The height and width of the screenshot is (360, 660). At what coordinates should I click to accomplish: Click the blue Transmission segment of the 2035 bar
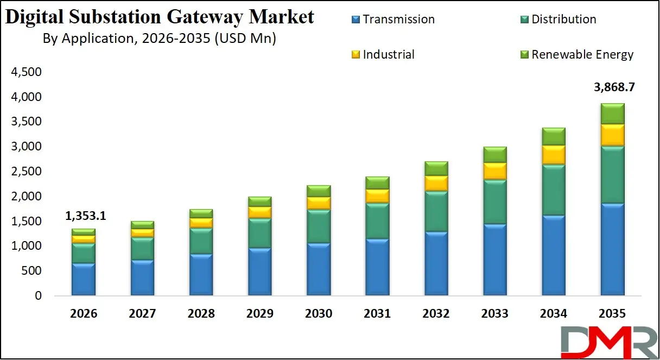612,250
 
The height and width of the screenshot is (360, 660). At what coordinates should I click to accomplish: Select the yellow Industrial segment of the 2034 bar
553,155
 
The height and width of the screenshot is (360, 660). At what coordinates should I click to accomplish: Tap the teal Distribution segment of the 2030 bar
319,226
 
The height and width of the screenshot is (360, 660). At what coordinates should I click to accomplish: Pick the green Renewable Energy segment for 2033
494,155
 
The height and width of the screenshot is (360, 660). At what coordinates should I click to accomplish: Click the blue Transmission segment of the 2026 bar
84,280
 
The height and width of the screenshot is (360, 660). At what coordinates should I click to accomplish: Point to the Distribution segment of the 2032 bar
436,212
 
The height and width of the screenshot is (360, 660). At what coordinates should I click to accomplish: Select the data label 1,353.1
86,216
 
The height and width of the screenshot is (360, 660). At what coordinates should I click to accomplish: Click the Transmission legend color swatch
356,20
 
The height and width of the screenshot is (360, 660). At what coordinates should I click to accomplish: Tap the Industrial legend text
389,54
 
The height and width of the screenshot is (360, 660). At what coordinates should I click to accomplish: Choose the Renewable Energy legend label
582,54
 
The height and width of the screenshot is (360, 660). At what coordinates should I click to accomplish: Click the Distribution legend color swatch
524,20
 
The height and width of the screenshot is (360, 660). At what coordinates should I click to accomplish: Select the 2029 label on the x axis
259,313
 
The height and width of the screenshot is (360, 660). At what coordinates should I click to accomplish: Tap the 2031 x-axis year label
377,313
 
